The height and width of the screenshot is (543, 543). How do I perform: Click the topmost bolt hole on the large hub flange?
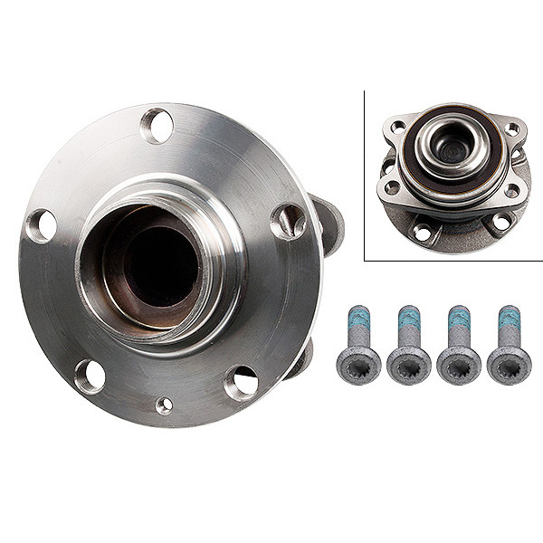click(x=157, y=125)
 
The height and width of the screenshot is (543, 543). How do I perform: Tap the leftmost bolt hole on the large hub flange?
click(x=42, y=224)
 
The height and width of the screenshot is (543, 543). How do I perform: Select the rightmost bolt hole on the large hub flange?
click(x=288, y=221)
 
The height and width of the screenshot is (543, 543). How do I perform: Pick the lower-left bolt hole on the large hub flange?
click(x=90, y=376)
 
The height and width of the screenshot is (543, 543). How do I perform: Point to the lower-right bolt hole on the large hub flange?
click(x=241, y=383)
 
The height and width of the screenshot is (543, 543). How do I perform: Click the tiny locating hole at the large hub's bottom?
click(x=164, y=405)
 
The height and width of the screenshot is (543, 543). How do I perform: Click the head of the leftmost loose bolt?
click(x=358, y=365)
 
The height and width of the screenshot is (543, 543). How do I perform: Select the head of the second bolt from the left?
click(x=409, y=365)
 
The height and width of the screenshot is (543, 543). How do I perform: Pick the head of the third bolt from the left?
click(x=459, y=365)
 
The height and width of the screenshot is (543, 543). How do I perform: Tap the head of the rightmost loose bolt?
click(x=509, y=365)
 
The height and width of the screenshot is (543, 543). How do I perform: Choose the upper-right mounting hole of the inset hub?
click(x=511, y=129)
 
